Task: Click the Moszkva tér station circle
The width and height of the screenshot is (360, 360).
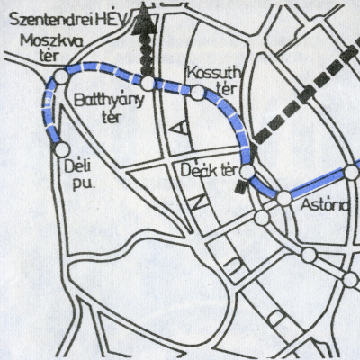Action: point(60,77)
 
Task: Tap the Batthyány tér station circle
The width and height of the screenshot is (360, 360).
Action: point(148,83)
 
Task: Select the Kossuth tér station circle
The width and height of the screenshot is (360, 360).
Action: point(197,92)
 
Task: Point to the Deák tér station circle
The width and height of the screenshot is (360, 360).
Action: point(247,168)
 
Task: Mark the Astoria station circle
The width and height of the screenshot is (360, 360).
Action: point(284,197)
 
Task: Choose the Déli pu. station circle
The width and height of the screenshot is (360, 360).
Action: point(63,149)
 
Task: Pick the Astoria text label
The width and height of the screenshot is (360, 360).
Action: point(322,207)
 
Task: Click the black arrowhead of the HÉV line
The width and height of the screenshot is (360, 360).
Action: point(140,23)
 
